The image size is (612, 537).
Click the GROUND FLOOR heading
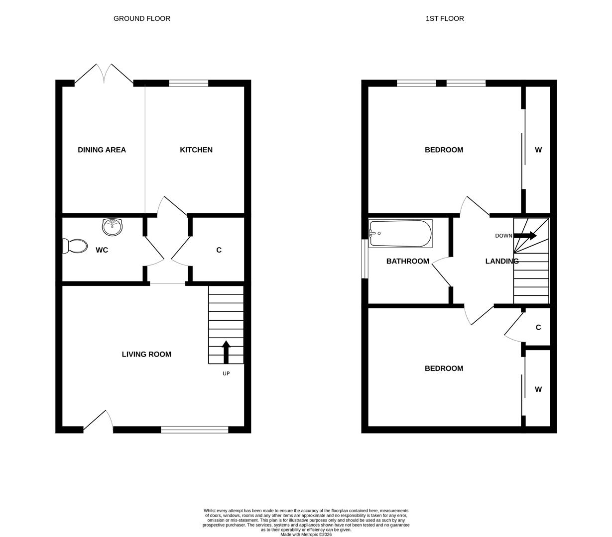click(142, 18)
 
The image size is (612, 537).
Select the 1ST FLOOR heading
click(444, 18)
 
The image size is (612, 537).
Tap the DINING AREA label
click(102, 150)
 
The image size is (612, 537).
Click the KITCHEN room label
click(196, 150)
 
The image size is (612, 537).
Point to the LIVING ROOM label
click(146, 354)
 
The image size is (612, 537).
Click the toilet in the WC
click(75, 246)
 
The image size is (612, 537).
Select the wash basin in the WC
click(112, 227)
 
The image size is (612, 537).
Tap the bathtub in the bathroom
click(400, 233)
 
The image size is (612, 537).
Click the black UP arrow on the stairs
click(226, 352)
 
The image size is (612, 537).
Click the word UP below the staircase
click(226, 373)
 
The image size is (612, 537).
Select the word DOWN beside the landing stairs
click(503, 236)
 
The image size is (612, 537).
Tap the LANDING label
click(501, 261)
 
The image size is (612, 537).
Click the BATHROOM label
click(407, 261)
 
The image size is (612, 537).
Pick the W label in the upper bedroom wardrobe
click(538, 150)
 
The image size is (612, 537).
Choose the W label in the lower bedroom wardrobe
click(538, 389)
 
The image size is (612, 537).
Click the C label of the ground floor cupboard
click(219, 250)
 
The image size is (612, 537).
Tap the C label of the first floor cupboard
click(538, 327)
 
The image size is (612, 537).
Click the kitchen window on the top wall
click(188, 83)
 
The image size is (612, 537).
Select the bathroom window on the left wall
click(365, 259)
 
